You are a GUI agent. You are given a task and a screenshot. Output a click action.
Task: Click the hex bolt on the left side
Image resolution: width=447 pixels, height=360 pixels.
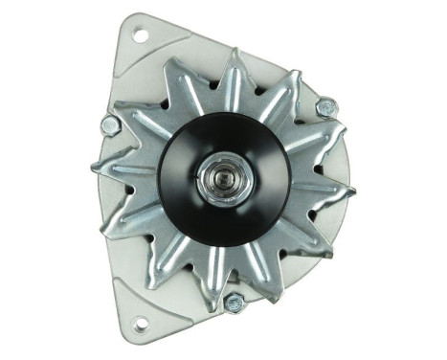point(110,124)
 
